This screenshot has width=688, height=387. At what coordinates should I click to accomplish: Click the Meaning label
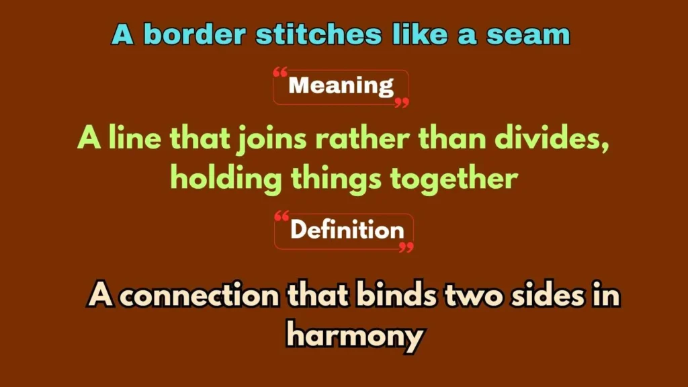click(x=341, y=86)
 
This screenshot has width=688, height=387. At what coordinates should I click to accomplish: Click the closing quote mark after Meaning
click(x=402, y=102)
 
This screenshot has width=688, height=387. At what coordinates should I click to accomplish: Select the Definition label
click(x=347, y=230)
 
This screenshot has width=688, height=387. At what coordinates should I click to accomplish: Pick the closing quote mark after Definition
click(x=406, y=247)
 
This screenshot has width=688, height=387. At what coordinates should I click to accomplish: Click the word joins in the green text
click(x=271, y=140)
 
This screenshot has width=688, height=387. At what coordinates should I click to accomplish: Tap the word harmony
click(x=354, y=334)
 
